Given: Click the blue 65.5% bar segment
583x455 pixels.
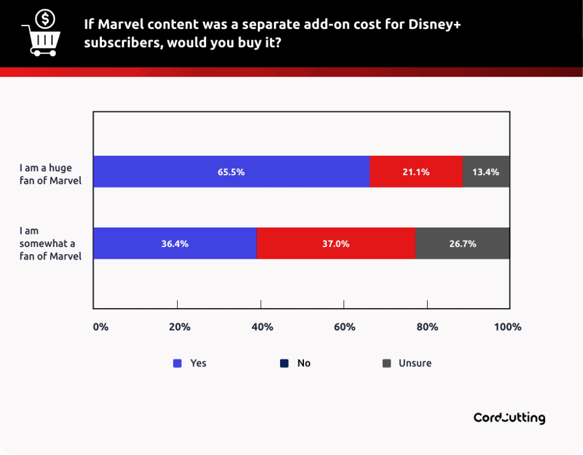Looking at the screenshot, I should point(231,172).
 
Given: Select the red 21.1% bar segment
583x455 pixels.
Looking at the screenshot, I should point(416,172).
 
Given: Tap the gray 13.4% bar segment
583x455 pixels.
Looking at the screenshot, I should point(486,172).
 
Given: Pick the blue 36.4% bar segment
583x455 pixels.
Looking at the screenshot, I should point(175,243).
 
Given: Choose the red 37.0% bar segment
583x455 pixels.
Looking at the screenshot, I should point(336,243).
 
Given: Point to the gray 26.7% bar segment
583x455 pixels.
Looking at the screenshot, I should point(462,243).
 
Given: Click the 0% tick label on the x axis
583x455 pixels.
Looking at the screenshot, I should point(100,327).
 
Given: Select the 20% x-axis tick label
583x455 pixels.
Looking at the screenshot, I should point(179,327).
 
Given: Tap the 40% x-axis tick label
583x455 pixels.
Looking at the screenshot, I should point(262,327).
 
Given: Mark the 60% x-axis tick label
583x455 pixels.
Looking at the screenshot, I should point(345,327).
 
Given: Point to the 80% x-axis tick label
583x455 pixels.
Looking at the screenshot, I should point(428,327).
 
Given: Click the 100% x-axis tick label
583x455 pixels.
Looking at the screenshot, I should point(508,327).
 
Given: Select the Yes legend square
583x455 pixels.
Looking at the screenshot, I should point(177,363).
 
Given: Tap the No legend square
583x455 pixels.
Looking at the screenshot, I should point(284,363).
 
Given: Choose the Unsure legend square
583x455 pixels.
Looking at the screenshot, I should point(387,363).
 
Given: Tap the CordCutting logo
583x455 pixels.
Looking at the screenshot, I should point(509,418).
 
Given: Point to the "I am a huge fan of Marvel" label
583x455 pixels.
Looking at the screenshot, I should point(50,175).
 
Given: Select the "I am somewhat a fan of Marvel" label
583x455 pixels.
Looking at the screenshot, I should point(50,243).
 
